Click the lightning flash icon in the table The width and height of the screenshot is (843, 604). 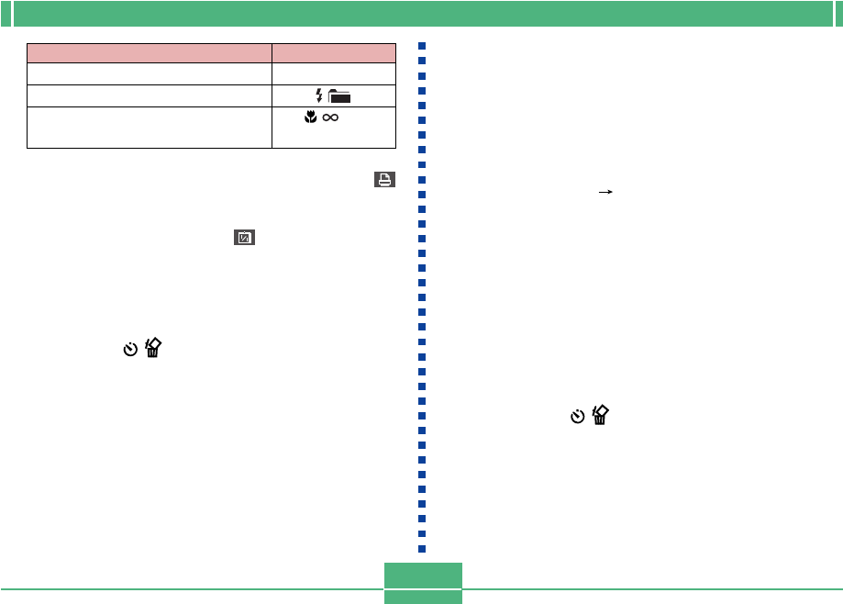point(319,95)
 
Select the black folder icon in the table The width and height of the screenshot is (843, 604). point(339,96)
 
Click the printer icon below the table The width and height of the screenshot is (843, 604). point(384,180)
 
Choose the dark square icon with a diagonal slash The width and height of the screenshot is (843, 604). point(244,238)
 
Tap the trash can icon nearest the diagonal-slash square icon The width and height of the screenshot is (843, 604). point(153,348)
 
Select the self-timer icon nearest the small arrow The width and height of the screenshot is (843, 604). point(577,417)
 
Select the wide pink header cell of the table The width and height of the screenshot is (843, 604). point(150,52)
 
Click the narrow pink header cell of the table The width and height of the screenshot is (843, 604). point(333,52)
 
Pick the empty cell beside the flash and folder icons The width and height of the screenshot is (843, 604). point(150,95)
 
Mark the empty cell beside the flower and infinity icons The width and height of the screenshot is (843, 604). point(150,128)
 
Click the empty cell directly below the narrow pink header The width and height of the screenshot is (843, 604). point(333,73)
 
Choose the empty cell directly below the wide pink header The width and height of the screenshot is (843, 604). point(150,73)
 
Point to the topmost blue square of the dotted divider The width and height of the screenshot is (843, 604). point(423,46)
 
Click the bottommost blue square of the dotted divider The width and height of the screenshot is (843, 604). point(423,549)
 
